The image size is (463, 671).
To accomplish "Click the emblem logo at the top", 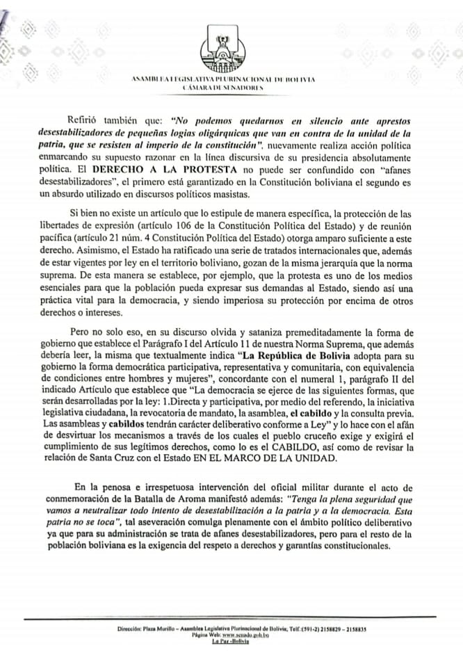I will point(222,48).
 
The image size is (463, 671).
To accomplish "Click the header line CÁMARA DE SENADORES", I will point(222,89).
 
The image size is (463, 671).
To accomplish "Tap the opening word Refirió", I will point(86,119).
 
